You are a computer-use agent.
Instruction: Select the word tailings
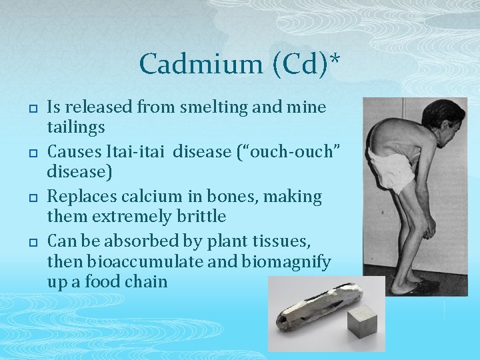(x=76, y=127)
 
